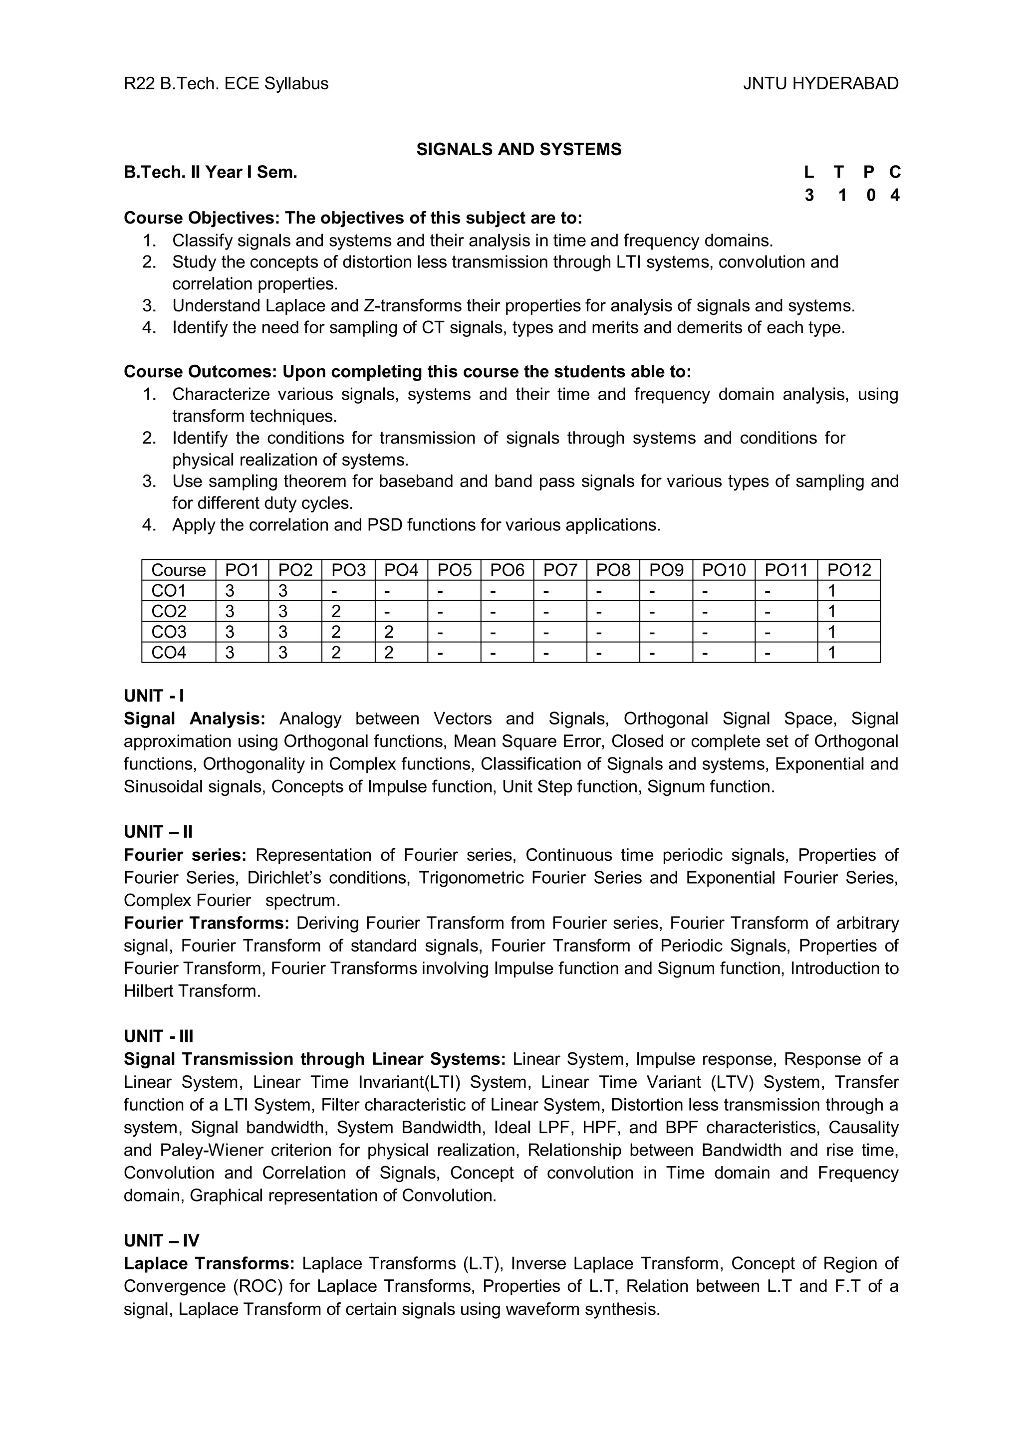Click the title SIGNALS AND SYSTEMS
pos(518,149)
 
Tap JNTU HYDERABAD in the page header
pos(820,84)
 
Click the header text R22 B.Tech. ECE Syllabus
pos(226,84)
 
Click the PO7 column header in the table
pos(560,570)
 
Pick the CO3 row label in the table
pos(169,632)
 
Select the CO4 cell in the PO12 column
pos(832,653)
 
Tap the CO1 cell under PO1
pos(231,591)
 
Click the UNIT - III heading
pos(159,1036)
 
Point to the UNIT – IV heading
pos(161,1241)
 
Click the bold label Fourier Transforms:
pos(207,923)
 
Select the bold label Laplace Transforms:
pos(209,1263)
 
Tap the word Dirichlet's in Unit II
pos(284,878)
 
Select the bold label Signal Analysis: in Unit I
pos(195,719)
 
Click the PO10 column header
pos(724,570)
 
